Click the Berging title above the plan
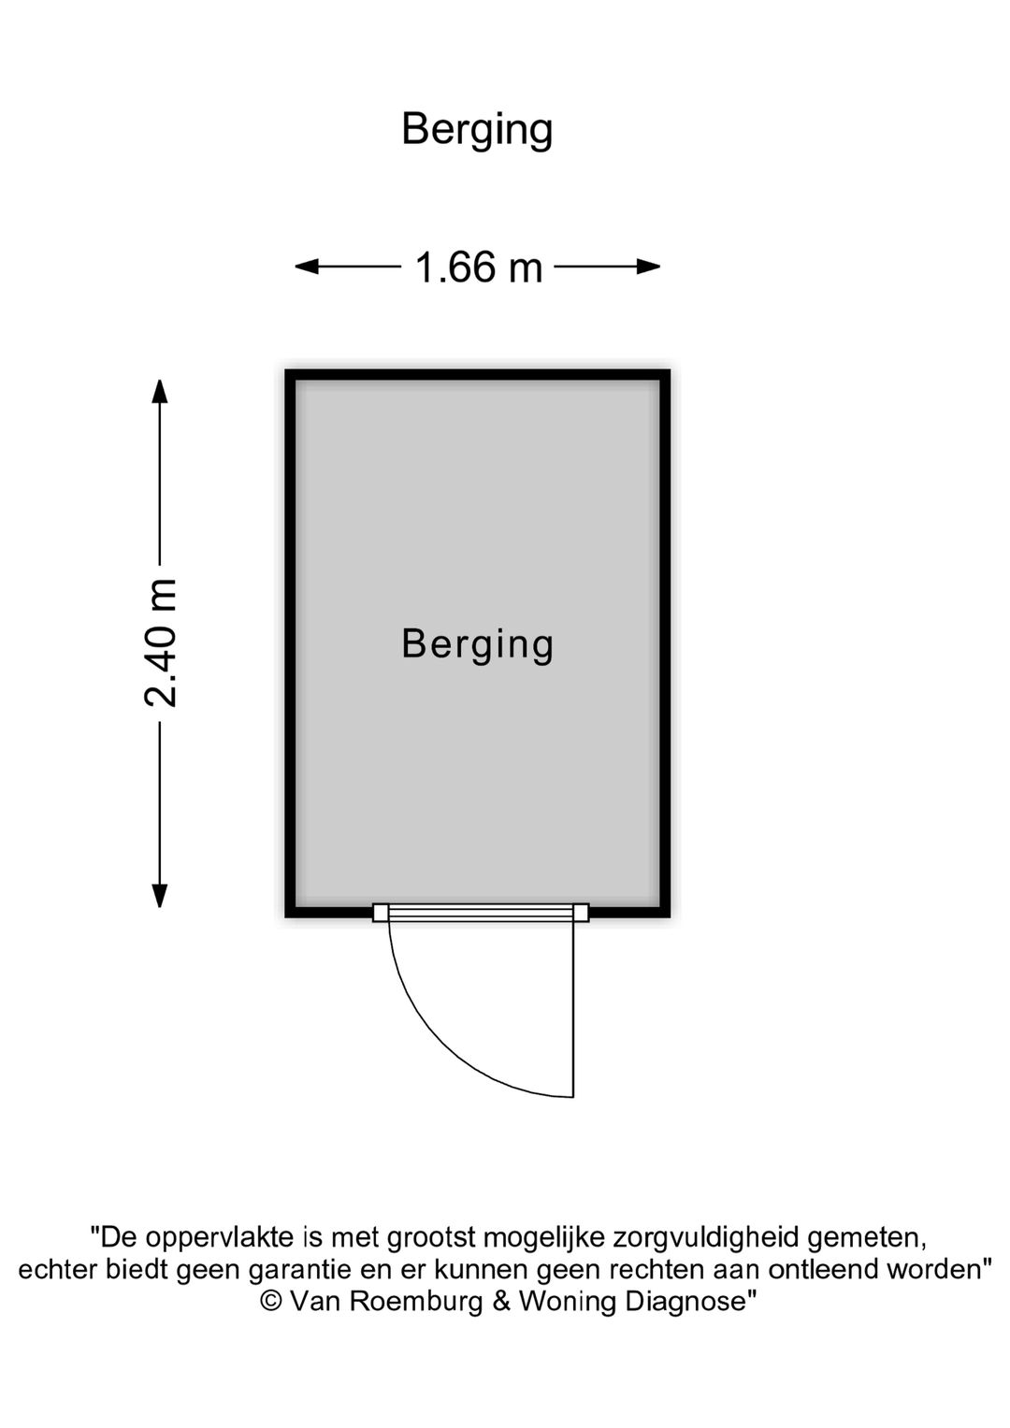coord(477,131)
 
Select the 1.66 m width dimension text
coord(479,267)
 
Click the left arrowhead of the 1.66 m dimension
coord(306,267)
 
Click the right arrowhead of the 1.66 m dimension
coord(648,267)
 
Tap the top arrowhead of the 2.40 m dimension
coord(159,392)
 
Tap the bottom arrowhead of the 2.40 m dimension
coord(159,896)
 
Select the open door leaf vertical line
coord(573,1009)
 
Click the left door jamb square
coord(381,913)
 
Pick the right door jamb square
coord(581,913)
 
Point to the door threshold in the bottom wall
coord(481,913)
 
